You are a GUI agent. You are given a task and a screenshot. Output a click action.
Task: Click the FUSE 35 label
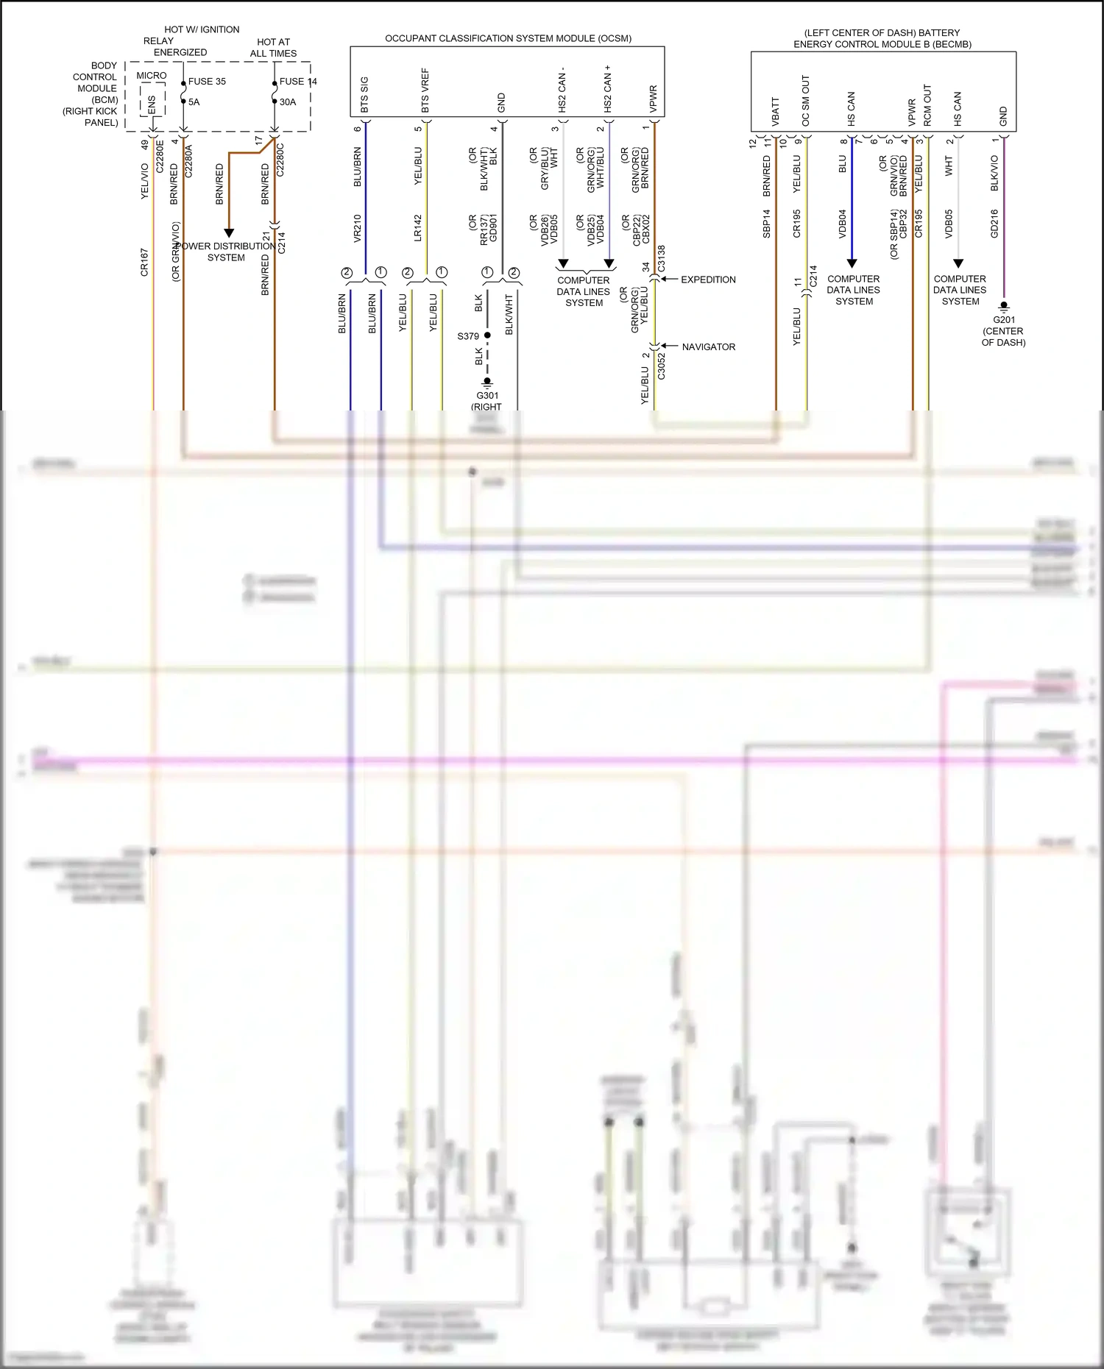[x=207, y=82]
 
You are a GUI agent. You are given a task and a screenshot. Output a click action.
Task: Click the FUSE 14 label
[x=298, y=82]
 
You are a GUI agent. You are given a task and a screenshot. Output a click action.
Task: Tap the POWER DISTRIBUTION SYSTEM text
[x=225, y=252]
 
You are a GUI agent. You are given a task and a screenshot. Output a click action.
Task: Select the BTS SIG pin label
[x=364, y=95]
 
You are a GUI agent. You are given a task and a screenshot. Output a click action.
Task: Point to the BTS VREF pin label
[x=425, y=91]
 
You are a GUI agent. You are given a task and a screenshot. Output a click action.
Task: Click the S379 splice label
[x=468, y=336]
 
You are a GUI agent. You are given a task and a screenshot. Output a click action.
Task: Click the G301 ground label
[x=486, y=396]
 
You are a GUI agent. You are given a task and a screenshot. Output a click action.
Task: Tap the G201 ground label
[x=1003, y=320]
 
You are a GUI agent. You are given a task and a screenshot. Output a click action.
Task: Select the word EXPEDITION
[x=708, y=280]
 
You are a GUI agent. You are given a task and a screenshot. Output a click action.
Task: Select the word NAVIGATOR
[x=708, y=347]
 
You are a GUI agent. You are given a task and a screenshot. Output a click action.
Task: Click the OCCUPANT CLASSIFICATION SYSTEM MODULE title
[x=508, y=38]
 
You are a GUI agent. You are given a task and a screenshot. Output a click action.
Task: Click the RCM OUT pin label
[x=927, y=106]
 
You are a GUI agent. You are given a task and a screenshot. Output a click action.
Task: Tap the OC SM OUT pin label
[x=806, y=101]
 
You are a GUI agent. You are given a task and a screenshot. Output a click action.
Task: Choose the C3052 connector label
[x=661, y=366]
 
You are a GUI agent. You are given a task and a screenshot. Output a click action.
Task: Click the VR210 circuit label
[x=358, y=228]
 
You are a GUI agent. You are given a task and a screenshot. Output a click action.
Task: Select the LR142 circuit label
[x=418, y=228]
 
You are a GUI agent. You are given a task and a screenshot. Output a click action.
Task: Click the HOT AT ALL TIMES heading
[x=273, y=48]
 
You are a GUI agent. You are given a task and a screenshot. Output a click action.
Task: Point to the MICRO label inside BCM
[x=152, y=76]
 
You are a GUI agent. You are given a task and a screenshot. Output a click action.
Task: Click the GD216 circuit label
[x=994, y=224]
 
